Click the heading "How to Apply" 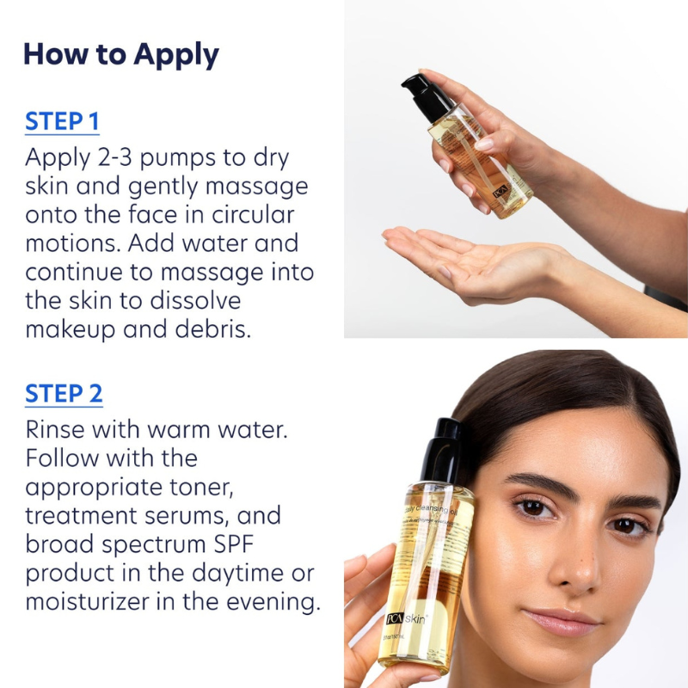(x=121, y=53)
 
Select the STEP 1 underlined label (x=62, y=121)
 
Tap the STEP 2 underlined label (x=64, y=393)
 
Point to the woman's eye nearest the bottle (x=533, y=508)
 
